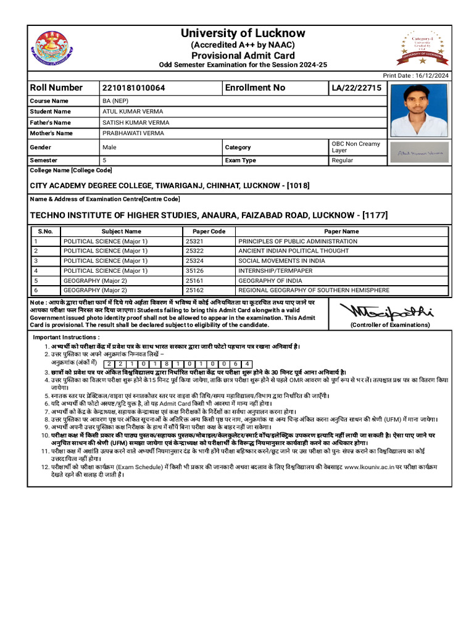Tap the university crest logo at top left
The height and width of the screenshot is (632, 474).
point(54,49)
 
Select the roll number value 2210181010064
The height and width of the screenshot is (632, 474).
point(134,88)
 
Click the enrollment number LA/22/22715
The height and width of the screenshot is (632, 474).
point(357,88)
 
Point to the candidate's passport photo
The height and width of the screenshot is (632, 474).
point(419,111)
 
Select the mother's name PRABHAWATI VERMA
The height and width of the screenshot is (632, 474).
point(133,133)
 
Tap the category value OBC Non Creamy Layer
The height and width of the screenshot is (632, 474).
point(355,147)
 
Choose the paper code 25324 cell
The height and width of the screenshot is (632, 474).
point(194,261)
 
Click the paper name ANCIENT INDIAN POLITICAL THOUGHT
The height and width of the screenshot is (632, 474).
point(293,251)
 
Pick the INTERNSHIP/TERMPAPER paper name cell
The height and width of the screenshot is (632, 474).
point(275,271)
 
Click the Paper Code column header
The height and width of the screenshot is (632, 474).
point(205,231)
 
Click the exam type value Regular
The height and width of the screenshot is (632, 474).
point(343,160)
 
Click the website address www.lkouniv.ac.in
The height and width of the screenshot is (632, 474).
point(370,468)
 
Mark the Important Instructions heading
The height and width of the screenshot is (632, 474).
point(66,338)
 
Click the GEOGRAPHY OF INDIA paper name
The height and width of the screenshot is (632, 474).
point(267,281)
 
